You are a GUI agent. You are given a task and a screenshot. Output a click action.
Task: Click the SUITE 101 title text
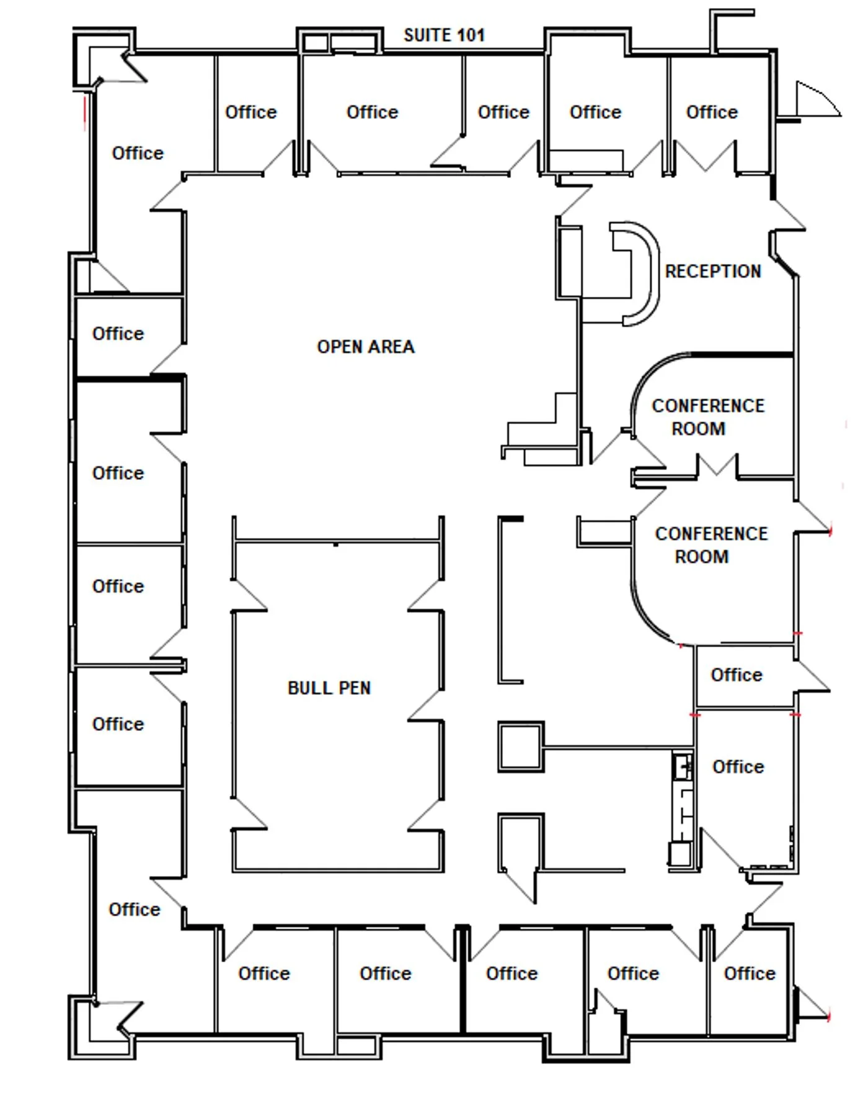click(x=444, y=35)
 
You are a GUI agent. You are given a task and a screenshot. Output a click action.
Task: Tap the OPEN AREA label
click(x=366, y=347)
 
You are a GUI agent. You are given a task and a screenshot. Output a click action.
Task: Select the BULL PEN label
click(x=329, y=688)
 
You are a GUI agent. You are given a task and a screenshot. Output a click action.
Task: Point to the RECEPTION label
click(x=713, y=272)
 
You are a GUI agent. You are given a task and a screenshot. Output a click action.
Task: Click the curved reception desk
click(x=652, y=273)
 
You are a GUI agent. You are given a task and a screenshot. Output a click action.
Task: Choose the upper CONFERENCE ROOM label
click(x=708, y=417)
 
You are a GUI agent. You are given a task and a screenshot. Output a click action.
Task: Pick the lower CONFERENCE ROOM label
click(x=711, y=546)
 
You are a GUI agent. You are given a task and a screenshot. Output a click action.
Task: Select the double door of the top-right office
click(x=705, y=156)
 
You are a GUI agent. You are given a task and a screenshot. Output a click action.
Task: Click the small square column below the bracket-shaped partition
click(x=521, y=746)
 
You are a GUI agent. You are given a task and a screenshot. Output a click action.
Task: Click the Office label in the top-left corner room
click(x=138, y=153)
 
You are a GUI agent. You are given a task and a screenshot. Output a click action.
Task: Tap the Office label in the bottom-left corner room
click(x=135, y=909)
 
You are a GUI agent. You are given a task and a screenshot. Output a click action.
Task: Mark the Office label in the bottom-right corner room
click(x=750, y=973)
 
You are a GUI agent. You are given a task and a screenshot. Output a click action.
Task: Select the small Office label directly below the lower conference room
click(x=737, y=675)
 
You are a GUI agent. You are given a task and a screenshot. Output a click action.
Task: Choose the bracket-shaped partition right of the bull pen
click(x=501, y=600)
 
